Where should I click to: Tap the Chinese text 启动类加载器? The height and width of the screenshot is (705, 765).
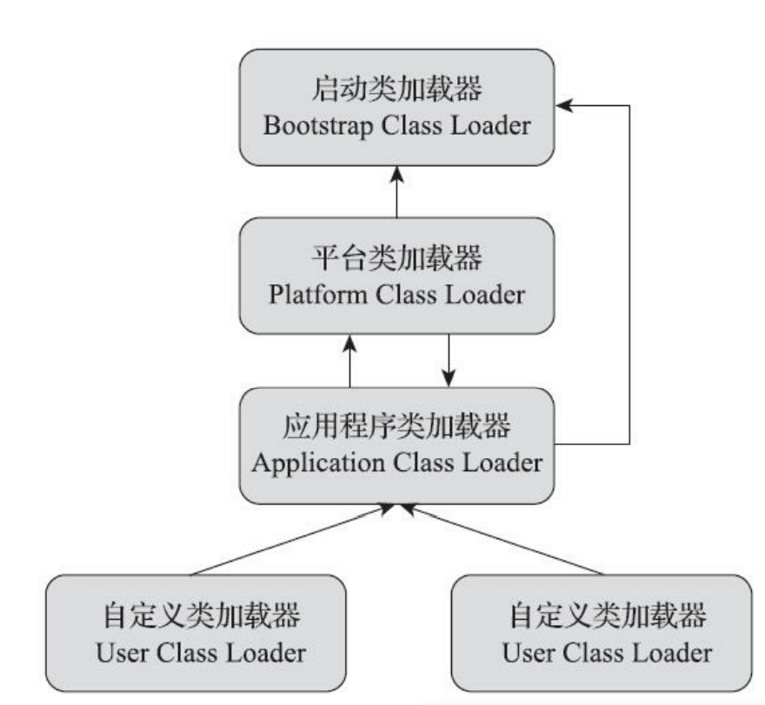tap(396, 90)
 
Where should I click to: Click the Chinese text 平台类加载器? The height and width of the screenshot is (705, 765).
tap(396, 258)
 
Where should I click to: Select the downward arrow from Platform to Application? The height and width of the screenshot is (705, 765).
tap(448, 360)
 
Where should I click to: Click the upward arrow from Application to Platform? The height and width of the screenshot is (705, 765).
tap(349, 360)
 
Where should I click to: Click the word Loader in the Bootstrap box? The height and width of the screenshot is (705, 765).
tap(490, 127)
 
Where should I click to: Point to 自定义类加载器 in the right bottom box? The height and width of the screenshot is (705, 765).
tap(600, 616)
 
